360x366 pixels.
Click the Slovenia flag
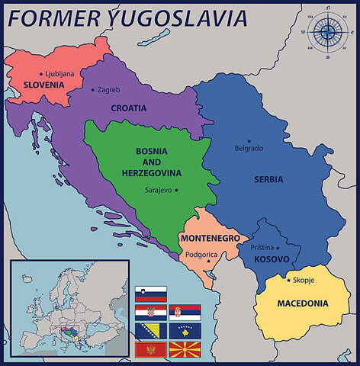(x=150, y=294)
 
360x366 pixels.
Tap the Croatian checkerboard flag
(x=150, y=312)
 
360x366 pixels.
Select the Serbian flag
(x=185, y=312)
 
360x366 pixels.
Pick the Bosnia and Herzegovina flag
(x=150, y=331)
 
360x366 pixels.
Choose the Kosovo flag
(x=185, y=331)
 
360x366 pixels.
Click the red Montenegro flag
(x=150, y=350)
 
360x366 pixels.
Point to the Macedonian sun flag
(x=185, y=350)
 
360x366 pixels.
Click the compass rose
(x=329, y=31)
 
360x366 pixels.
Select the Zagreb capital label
(x=109, y=90)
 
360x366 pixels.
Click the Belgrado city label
(x=249, y=148)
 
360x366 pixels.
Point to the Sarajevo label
(x=158, y=190)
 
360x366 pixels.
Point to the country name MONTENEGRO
(x=210, y=238)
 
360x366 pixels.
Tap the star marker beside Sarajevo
(x=177, y=190)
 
